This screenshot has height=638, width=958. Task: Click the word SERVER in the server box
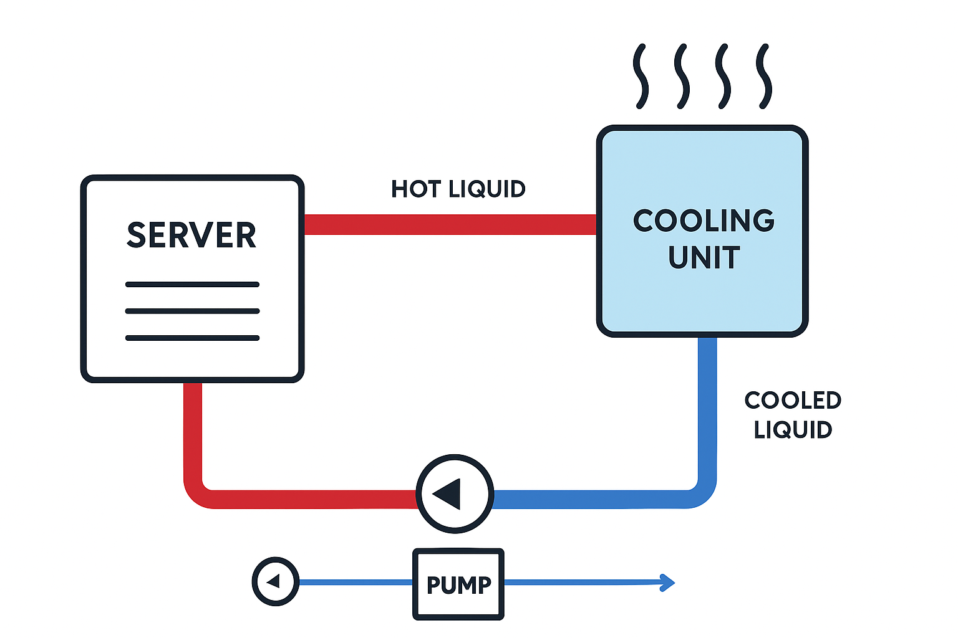point(191,236)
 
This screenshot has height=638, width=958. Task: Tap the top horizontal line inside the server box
point(192,285)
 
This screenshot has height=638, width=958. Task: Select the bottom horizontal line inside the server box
point(192,338)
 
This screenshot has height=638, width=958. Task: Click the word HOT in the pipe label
point(417,189)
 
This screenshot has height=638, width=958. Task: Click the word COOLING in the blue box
point(704,221)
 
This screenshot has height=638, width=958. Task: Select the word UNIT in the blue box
point(704,258)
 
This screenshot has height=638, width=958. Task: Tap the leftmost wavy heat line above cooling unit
point(641,76)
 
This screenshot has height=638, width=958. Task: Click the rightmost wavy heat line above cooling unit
point(764,76)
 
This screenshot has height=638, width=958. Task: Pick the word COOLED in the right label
point(793,401)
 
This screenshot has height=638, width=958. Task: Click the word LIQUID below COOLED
point(793,430)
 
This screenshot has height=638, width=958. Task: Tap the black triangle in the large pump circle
point(448,494)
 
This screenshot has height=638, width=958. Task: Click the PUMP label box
point(458,584)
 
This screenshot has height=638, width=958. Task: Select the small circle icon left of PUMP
point(275,582)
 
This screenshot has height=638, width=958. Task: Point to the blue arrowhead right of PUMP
point(669,583)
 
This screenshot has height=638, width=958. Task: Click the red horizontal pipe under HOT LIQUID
point(449,225)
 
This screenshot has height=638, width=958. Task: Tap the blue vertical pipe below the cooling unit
point(707,405)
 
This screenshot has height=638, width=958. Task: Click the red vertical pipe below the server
point(193,430)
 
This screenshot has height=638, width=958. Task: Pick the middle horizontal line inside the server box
point(192,311)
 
